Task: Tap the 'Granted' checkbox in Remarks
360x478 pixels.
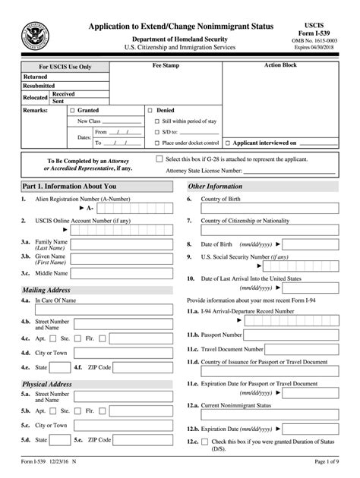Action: pyautogui.click(x=72, y=110)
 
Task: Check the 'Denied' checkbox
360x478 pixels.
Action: pyautogui.click(x=150, y=110)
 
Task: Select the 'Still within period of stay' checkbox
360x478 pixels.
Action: pyautogui.click(x=156, y=121)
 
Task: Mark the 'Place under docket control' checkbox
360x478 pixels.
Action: pyautogui.click(x=156, y=142)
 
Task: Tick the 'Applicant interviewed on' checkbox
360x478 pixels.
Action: pyautogui.click(x=228, y=142)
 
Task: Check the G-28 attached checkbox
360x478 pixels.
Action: pyautogui.click(x=159, y=159)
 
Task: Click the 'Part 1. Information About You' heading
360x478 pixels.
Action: pyautogui.click(x=69, y=186)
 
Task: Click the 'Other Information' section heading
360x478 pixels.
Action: pyautogui.click(x=215, y=186)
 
